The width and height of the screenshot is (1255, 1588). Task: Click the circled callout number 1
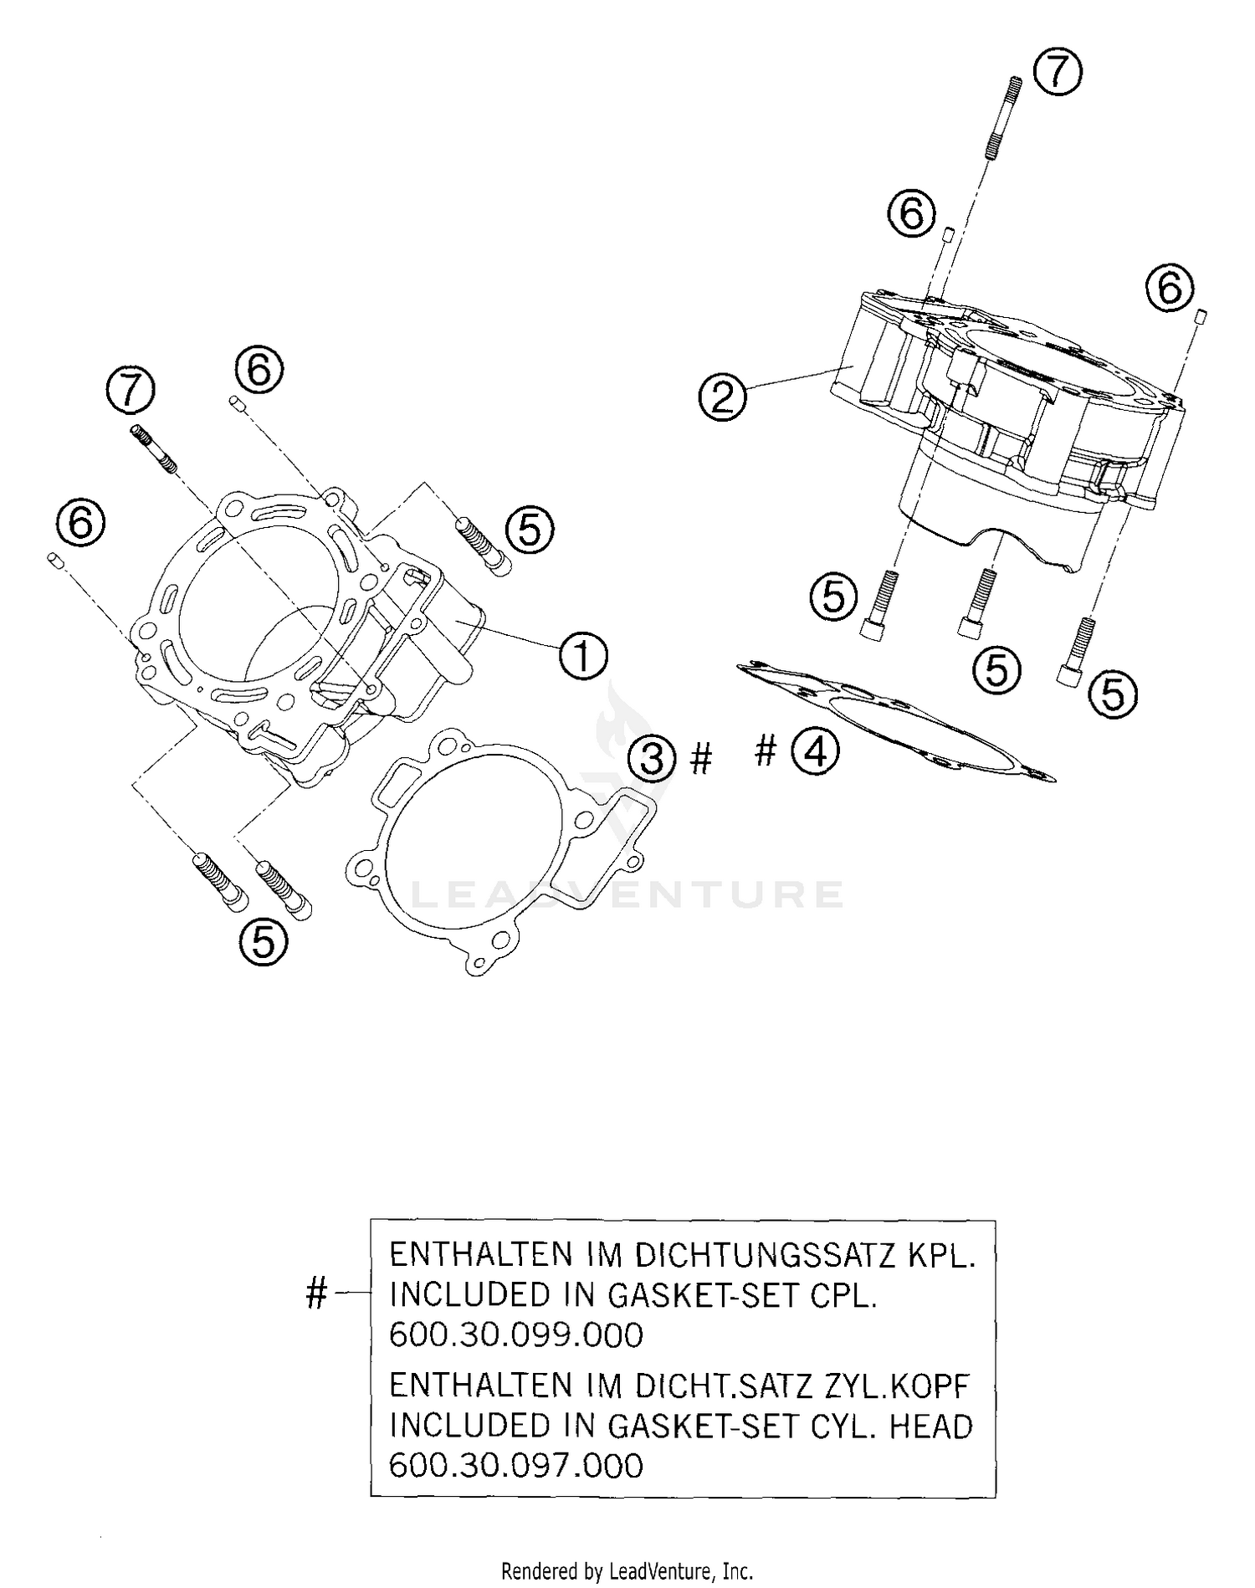pos(582,657)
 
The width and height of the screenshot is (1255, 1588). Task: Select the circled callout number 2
pos(722,397)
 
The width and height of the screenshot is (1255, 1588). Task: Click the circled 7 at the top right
pos(1058,72)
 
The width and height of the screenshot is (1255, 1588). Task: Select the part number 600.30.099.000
pos(516,1334)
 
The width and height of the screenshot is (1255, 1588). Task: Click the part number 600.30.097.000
pos(516,1465)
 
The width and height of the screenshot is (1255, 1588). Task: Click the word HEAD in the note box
pos(930,1425)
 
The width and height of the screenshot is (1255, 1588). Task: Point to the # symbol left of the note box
pos(316,1293)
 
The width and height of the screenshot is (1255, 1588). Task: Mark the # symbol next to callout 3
pos(701,760)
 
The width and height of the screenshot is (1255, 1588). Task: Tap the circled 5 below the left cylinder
pos(263,943)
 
